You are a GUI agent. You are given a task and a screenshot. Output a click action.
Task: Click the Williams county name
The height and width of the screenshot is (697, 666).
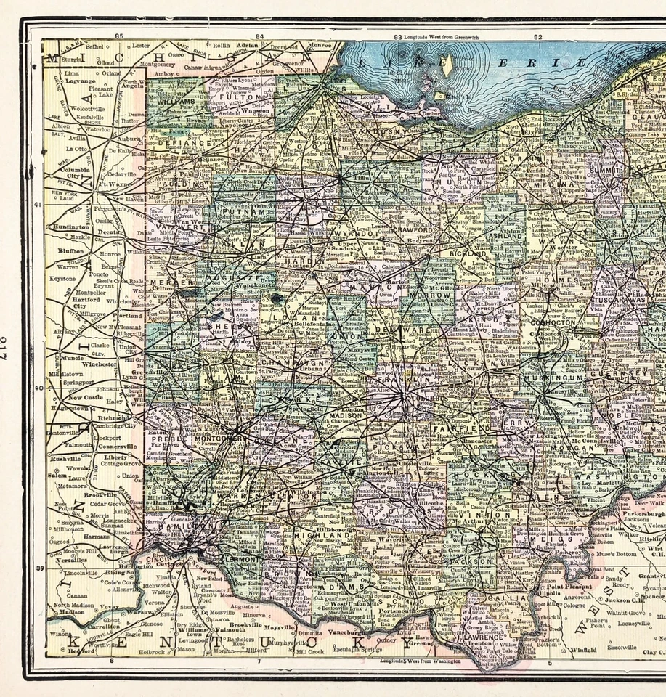coord(171,103)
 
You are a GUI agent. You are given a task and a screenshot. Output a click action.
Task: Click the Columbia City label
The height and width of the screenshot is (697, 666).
coord(65,171)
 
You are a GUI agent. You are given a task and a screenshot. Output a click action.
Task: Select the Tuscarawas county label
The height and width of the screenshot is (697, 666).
coord(619,299)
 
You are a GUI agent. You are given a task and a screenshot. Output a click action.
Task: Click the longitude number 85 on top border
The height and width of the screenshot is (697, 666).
coord(120,35)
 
